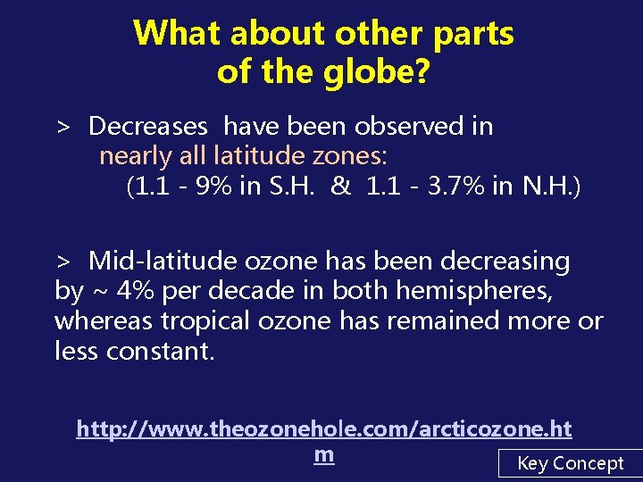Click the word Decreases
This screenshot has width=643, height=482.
tap(148, 127)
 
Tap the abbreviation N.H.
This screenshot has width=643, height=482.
tap(555, 187)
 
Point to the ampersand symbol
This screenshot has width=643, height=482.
tap(340, 187)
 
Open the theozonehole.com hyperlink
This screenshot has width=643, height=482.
tap(324, 430)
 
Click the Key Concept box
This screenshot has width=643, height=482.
tap(571, 463)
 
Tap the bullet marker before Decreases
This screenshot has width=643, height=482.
tap(63, 128)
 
